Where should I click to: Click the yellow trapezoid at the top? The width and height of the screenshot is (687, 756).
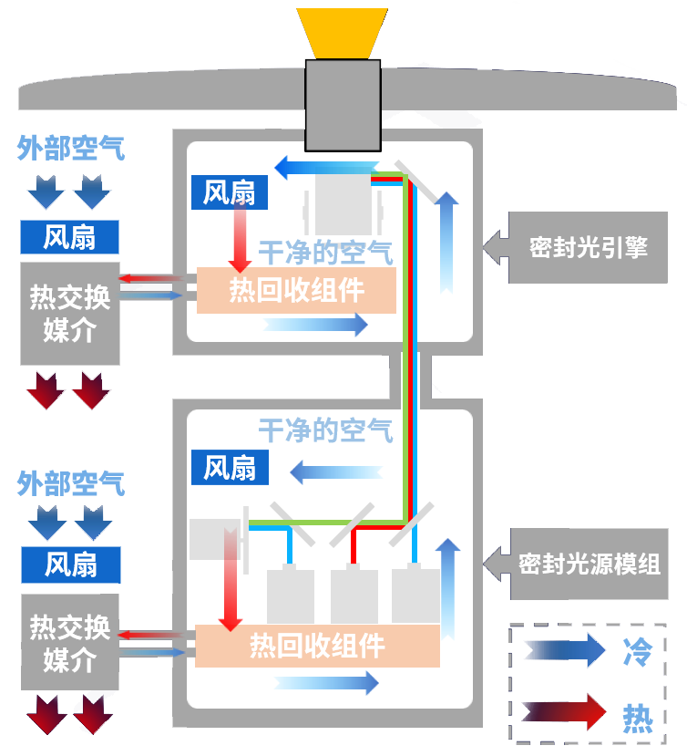[x=343, y=32]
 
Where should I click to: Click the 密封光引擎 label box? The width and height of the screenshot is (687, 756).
[x=588, y=247]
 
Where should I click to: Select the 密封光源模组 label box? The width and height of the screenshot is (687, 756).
[x=588, y=564]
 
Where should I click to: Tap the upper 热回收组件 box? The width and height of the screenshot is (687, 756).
[x=296, y=290]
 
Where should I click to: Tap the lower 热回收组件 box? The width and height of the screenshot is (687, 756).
[x=317, y=646]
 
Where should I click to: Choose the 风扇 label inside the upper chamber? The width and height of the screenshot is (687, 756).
[x=229, y=192]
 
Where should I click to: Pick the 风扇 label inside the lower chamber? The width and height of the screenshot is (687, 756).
[x=229, y=468]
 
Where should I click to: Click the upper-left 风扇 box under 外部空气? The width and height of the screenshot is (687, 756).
[x=69, y=237]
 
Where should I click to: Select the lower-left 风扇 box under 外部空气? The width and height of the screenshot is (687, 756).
[x=70, y=565]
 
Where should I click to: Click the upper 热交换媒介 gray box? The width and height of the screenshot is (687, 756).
[x=69, y=313]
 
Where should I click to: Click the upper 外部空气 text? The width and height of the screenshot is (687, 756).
[x=70, y=148]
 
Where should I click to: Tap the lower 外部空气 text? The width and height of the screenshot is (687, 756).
[x=70, y=483]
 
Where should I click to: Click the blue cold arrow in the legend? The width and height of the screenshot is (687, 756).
[x=564, y=651]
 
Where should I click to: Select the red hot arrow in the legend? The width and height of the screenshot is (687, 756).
[x=564, y=710]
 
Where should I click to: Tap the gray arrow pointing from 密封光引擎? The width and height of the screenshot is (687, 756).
[x=495, y=247]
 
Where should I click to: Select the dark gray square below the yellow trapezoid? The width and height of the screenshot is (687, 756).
[x=343, y=104]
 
